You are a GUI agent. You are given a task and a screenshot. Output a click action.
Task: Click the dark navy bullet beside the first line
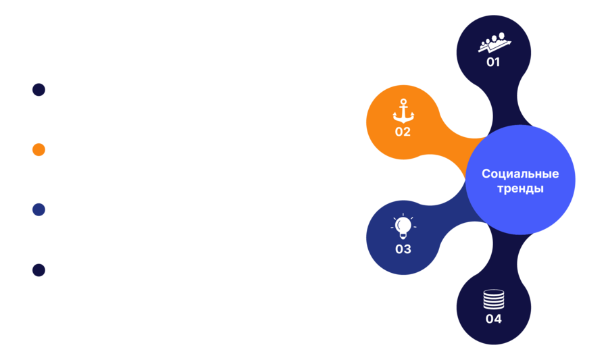[x=39, y=90]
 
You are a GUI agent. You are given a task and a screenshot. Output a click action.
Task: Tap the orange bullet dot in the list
[x=39, y=150]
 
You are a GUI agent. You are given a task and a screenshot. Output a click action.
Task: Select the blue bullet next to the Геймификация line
[x=39, y=209]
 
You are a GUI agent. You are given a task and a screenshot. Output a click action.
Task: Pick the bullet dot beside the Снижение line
[x=39, y=270]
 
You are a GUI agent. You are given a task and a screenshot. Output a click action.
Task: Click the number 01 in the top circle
[x=493, y=62]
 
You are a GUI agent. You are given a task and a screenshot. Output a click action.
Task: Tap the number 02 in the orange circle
[x=403, y=132]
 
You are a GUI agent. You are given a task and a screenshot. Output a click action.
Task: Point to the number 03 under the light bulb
[x=403, y=249]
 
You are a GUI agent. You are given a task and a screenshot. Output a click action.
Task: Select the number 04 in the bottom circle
[x=493, y=319]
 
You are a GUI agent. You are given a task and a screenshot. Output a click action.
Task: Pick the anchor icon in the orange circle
[x=403, y=111]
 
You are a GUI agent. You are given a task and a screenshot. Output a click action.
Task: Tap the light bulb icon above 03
[x=403, y=226]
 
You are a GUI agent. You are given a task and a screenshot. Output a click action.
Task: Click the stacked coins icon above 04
[x=494, y=299]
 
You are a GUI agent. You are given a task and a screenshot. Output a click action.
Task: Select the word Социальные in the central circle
[x=520, y=174]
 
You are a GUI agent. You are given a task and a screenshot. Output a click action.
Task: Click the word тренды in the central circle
[x=520, y=189]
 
